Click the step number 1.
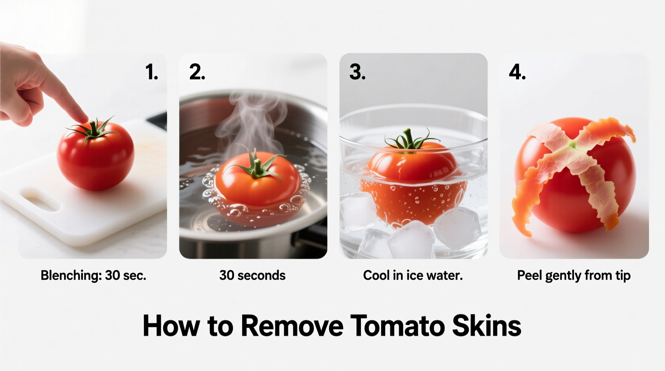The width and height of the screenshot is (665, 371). click(151, 72)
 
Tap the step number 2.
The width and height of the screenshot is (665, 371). click(197, 72)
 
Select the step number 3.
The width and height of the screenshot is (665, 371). click(357, 72)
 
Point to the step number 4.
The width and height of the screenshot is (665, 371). click(517, 72)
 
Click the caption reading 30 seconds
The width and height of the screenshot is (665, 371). click(252, 275)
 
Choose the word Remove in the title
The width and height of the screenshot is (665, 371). click(292, 326)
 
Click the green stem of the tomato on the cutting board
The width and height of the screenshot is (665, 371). click(94, 130)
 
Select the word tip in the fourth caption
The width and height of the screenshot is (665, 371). click(623, 275)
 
